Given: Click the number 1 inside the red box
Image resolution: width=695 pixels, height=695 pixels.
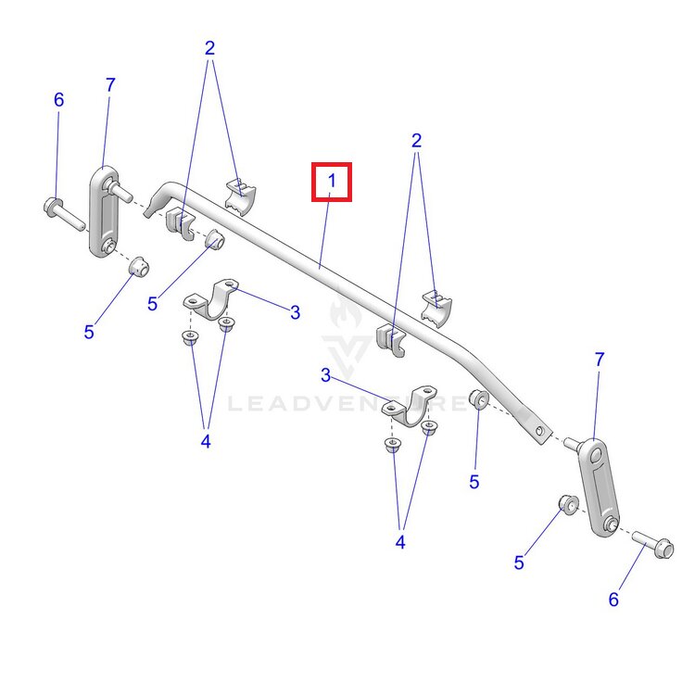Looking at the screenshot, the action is pos(332,181).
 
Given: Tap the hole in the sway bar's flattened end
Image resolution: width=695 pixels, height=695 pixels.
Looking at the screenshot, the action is pos(539,430).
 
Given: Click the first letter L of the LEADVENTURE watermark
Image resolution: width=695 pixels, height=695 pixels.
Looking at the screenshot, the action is pos(234,404).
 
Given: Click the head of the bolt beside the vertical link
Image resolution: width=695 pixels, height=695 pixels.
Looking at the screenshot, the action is pos(52,205).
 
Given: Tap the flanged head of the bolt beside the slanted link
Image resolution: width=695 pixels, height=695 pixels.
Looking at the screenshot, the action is pos(664,549).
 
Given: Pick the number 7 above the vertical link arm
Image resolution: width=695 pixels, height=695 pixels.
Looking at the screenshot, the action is pos(110,84).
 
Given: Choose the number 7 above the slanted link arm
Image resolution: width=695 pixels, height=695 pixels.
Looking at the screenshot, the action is pos(600,360).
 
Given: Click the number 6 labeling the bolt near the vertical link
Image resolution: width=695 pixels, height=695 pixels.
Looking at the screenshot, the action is pos(59,100).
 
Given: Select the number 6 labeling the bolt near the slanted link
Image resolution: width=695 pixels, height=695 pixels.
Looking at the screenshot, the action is pos(613,600).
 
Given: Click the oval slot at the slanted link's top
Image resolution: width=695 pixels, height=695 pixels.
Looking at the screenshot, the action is pos(596,455).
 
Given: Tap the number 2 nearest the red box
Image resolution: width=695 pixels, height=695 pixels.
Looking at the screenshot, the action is pos(416,141).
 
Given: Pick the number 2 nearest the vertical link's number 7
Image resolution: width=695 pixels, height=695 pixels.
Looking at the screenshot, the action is pos(209,48).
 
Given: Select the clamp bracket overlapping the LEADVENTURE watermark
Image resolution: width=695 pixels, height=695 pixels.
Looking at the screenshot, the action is pos(410,405).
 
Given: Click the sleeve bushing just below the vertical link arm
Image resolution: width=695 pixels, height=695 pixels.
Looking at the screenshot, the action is pos(139,266).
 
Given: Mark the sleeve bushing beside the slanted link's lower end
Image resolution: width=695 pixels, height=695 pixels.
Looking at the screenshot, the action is pos(568,504).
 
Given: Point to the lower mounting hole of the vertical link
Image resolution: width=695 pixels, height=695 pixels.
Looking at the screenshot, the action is pos(107,246).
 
